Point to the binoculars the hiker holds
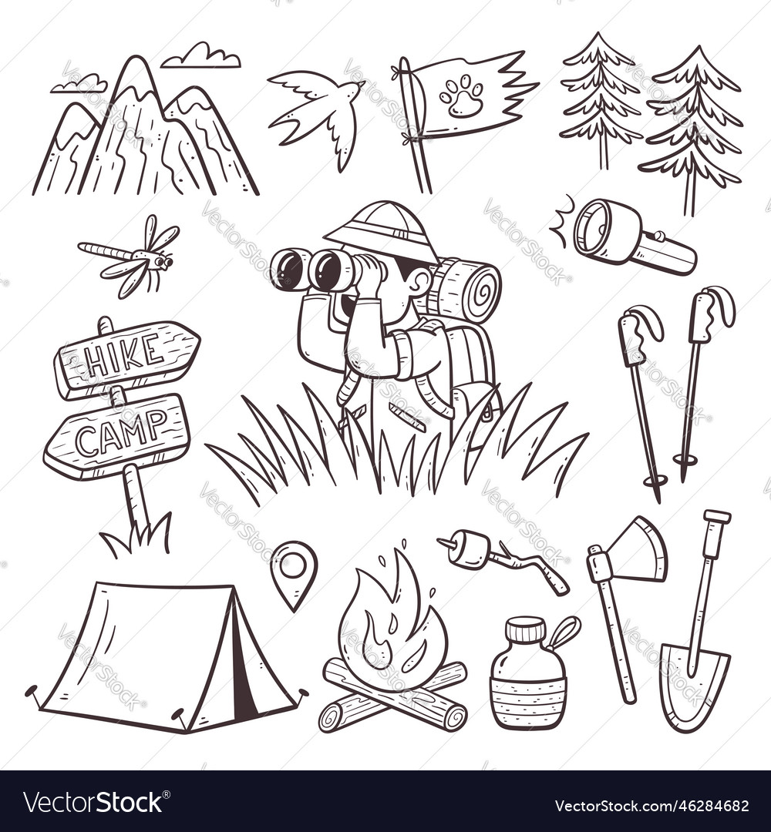pyautogui.click(x=320, y=269)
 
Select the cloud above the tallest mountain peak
pyautogui.click(x=201, y=56)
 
